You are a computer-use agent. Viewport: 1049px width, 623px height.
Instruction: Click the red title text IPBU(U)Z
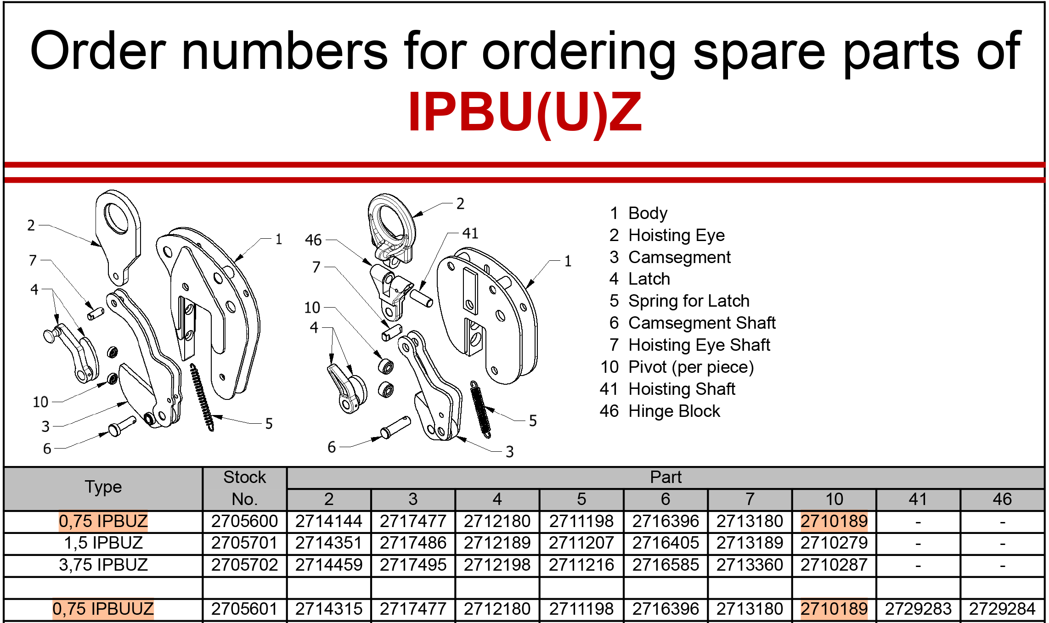tap(524, 112)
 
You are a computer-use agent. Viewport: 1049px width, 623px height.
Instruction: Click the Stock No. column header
tap(244, 488)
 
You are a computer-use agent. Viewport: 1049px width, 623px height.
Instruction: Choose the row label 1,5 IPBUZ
tap(103, 543)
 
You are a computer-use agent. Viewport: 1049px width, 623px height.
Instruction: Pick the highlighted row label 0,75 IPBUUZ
tap(103, 609)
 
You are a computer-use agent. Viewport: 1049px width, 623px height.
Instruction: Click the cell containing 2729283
tap(918, 609)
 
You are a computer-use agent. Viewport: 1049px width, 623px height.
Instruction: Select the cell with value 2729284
tap(1002, 609)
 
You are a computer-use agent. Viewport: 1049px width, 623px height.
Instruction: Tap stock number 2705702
tap(244, 565)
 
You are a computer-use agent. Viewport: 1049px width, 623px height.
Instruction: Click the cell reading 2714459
tap(329, 565)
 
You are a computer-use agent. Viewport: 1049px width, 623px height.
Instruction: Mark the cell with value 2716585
tap(665, 565)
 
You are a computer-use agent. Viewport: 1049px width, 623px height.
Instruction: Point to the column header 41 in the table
tap(918, 499)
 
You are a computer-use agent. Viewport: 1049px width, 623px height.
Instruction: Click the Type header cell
tap(103, 487)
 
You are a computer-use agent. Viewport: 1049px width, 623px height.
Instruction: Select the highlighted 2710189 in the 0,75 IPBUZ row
tap(834, 521)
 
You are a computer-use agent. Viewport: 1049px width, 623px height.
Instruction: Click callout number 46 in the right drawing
tap(313, 240)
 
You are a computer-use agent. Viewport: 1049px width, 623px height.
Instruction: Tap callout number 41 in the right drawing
tap(470, 233)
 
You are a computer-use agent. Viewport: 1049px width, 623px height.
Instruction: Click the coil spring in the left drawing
tap(202, 397)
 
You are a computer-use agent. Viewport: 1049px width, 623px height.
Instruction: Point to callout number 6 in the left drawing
tap(47, 449)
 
